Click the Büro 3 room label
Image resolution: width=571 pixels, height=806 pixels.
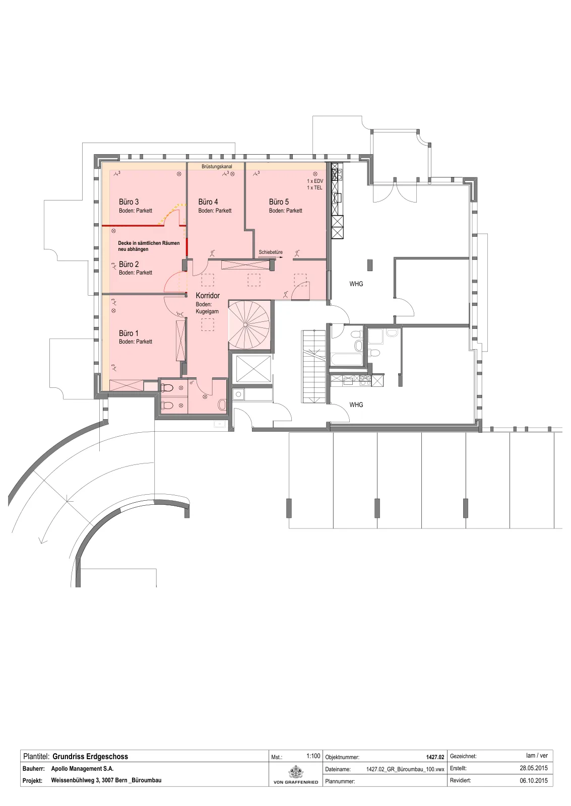129,202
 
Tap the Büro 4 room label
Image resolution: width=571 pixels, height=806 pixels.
208,202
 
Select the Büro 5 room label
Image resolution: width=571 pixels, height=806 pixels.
279,202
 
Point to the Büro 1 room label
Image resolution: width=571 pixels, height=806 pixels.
129,333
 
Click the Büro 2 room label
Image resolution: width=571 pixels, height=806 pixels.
129,264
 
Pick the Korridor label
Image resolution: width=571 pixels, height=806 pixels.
208,295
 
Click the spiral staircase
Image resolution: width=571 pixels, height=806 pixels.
249,325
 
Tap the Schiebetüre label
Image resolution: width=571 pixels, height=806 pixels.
271,252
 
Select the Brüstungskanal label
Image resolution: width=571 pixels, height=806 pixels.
217,167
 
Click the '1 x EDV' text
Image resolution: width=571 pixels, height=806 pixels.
315,181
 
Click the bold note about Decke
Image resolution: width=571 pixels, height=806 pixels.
149,246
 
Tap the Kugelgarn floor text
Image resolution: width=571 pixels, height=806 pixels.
207,312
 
